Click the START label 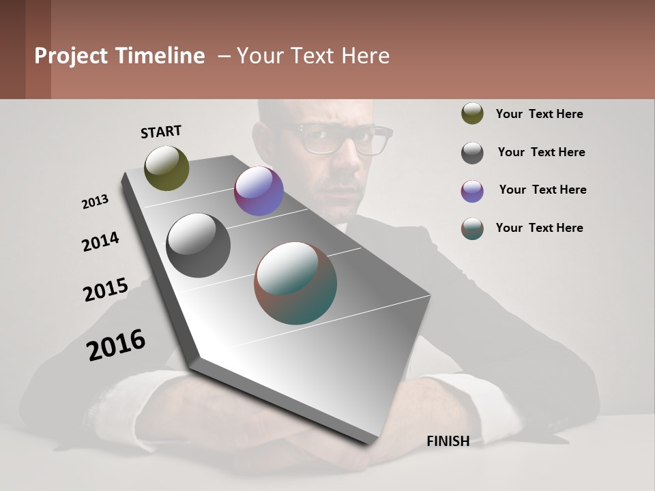tap(161, 132)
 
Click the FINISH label tap(448, 441)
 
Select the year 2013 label tap(95, 202)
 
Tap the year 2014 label tap(100, 242)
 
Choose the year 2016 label tap(116, 345)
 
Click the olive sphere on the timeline tap(166, 168)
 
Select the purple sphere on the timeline tap(259, 191)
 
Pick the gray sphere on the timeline tap(199, 245)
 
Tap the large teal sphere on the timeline tap(295, 283)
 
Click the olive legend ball tap(472, 113)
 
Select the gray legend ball tap(472, 153)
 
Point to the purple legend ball tap(472, 191)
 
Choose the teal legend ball tap(472, 228)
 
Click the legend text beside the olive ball tap(539, 114)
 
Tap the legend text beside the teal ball tap(539, 228)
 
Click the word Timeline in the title tap(160, 56)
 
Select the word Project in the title tap(71, 56)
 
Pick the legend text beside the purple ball tap(542, 190)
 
